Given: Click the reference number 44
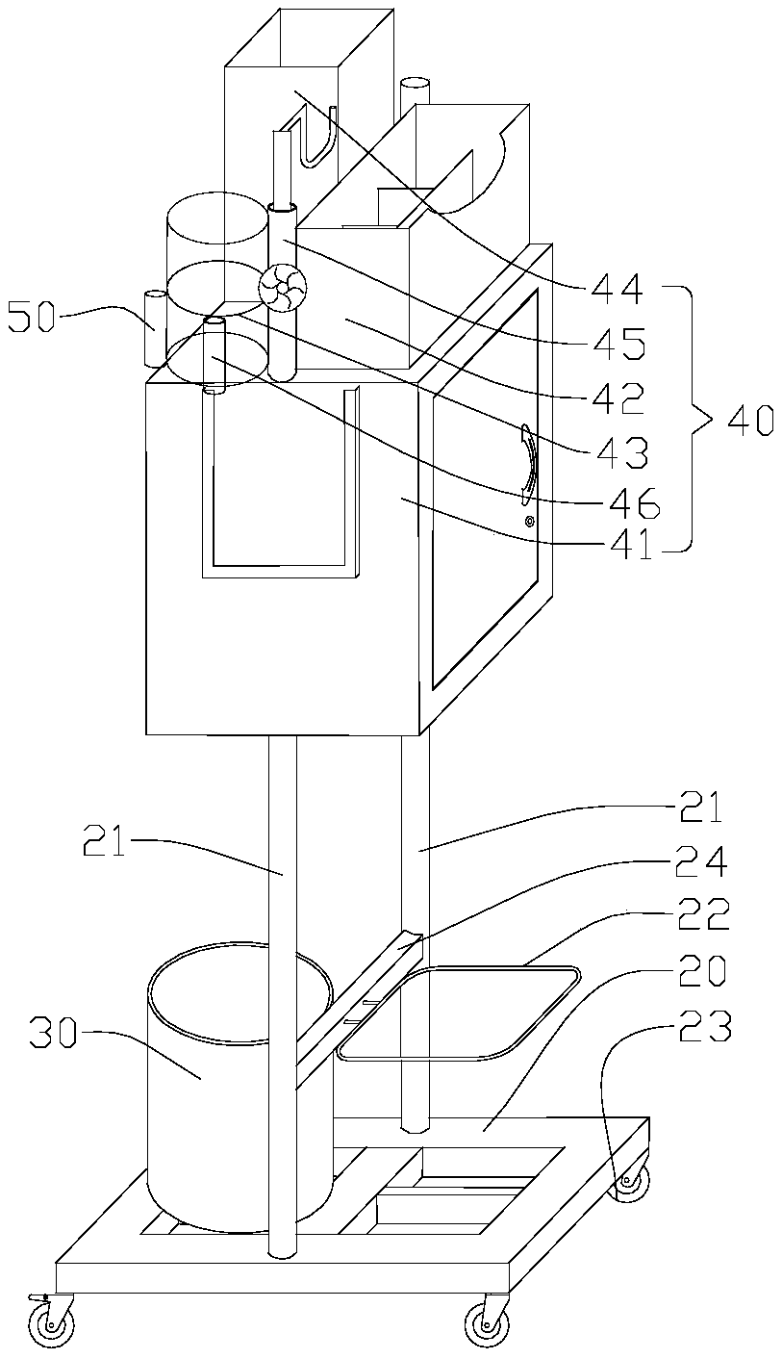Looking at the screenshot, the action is pyautogui.click(x=616, y=290).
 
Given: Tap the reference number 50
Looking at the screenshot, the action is pyautogui.click(x=31, y=318).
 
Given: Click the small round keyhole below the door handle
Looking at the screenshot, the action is pyautogui.click(x=530, y=521).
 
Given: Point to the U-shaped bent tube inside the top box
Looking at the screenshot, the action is pyautogui.click(x=315, y=137).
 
